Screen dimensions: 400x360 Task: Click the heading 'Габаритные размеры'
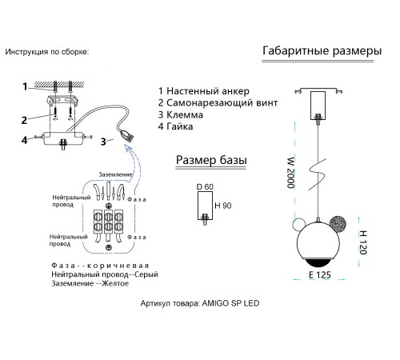tap(322, 50)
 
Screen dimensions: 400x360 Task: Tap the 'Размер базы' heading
tap(211, 160)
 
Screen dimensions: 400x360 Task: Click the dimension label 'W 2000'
tap(291, 173)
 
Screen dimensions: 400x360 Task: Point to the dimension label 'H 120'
tap(363, 242)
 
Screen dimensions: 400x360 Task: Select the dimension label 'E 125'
tap(320, 274)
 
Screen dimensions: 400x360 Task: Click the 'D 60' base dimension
tap(205, 187)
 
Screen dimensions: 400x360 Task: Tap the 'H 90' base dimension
tap(223, 206)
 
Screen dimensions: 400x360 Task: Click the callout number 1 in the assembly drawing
tap(25, 86)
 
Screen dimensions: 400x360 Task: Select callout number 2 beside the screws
tap(24, 120)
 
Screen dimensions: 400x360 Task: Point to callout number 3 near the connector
tap(103, 142)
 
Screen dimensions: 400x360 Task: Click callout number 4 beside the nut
tap(24, 140)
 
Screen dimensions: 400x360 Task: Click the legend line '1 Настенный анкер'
tap(204, 91)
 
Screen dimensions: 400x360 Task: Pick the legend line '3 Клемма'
tap(181, 114)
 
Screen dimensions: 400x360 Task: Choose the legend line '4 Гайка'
tap(175, 126)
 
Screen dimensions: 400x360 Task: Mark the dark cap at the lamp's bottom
tap(318, 262)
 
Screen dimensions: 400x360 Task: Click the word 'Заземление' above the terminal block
tap(115, 174)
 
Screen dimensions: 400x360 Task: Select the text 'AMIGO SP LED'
tap(230, 303)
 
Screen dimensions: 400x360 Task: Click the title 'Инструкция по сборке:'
tap(47, 52)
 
